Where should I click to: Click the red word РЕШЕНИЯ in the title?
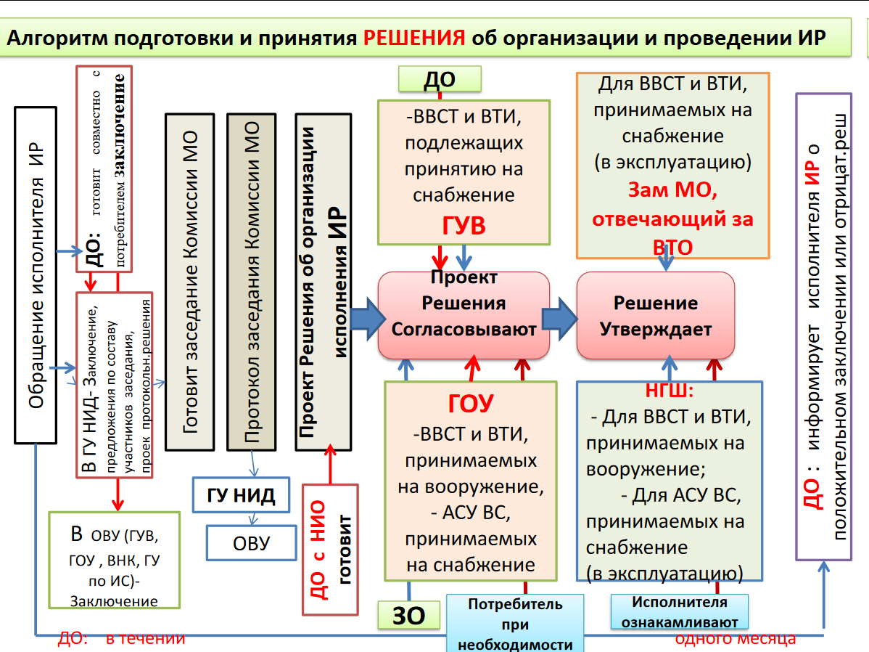click(415, 38)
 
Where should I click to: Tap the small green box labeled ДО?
click(439, 80)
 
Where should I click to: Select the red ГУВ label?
click(464, 226)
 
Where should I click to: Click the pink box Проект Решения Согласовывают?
click(464, 314)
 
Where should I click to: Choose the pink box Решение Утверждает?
click(655, 315)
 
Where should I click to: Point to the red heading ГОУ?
click(471, 404)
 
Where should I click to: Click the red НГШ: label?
click(670, 392)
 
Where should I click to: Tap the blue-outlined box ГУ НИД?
click(241, 496)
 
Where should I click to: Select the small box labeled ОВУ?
click(251, 542)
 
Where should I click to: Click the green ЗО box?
click(408, 615)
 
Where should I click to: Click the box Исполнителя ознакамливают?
click(679, 611)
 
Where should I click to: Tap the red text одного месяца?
click(735, 638)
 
